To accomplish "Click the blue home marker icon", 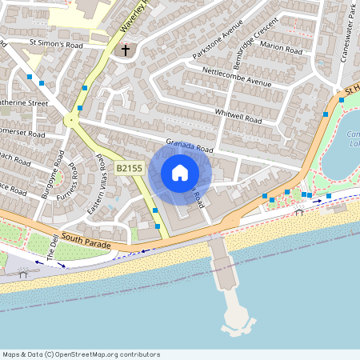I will point(180,173).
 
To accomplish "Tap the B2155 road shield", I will point(129,168).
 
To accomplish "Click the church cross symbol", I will point(124,50).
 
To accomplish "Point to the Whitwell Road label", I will point(238,115).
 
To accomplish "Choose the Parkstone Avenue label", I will point(217,45).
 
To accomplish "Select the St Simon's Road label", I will point(56,44).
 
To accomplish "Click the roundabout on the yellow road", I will point(72,122).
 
